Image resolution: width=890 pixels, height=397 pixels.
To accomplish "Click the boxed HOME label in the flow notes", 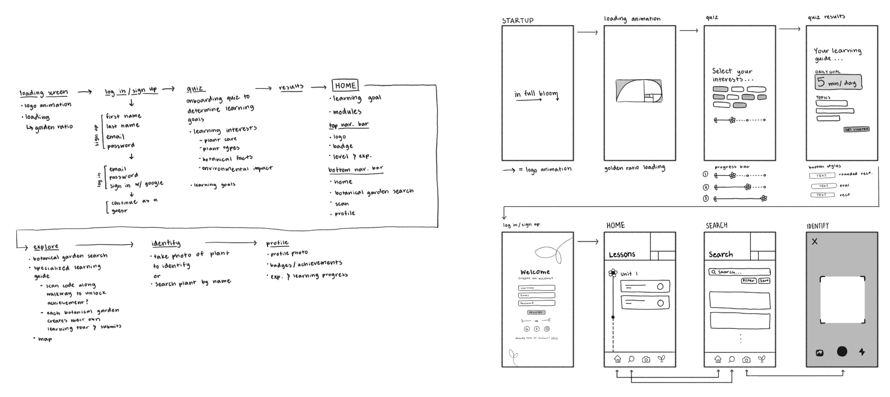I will click(345, 86).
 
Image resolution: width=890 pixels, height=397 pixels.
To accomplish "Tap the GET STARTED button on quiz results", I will click(856, 129).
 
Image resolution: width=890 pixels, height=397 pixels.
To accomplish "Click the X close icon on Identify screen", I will click(814, 241).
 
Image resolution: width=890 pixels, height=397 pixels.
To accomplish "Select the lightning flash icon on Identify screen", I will click(862, 352).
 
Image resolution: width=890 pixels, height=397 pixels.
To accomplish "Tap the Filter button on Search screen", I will click(748, 281).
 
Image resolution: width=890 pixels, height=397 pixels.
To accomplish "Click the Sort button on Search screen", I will click(764, 281).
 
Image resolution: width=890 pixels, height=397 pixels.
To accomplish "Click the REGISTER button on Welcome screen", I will click(536, 312).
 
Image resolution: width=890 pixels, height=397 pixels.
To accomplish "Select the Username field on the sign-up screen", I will click(536, 288).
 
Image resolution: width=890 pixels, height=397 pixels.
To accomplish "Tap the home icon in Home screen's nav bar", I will click(617, 359).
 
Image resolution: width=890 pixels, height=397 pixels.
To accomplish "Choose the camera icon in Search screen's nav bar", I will click(746, 359).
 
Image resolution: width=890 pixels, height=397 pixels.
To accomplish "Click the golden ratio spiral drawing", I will click(639, 91).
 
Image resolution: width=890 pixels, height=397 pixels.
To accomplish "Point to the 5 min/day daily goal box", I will click(838, 82).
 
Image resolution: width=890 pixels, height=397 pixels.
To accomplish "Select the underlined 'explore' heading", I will click(46, 247).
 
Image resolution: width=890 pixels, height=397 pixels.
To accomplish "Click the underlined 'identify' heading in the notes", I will click(165, 243).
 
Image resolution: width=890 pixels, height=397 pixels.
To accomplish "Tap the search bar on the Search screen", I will click(739, 272).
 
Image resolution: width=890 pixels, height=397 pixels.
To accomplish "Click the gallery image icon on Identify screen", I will click(820, 353).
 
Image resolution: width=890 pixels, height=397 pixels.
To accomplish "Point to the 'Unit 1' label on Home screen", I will click(629, 274).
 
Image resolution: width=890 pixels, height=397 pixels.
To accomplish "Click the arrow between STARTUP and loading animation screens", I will click(587, 32).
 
